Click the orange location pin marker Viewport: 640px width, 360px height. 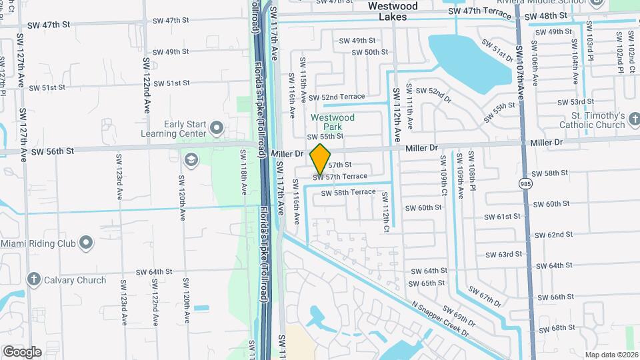coord(321,159)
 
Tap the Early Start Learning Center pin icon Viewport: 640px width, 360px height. coord(216,127)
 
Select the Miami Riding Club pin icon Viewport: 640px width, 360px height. coord(86,243)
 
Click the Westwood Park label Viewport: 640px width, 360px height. coord(333,122)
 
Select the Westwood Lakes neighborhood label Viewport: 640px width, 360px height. coord(393,11)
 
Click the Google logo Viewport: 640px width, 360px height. coord(21,352)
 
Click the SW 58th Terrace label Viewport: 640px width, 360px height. coord(348,193)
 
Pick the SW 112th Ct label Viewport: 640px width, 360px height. coord(385,213)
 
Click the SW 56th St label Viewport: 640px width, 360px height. coord(46,152)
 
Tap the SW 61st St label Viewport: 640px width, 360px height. coord(502,217)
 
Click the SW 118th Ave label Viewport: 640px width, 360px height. coord(244,172)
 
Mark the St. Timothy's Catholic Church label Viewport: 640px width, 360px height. coord(592,120)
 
